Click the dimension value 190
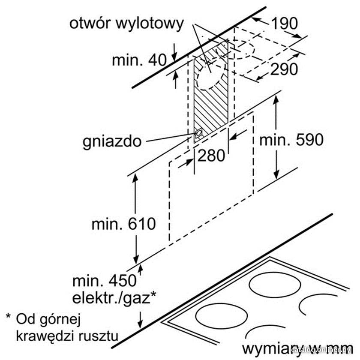point(285,23)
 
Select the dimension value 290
point(284,69)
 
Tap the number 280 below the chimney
point(211,156)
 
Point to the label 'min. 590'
point(291,140)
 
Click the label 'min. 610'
point(124,224)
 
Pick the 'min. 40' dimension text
point(139,60)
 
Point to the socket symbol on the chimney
point(198,133)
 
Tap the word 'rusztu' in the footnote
point(99,336)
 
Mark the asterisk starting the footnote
point(8,316)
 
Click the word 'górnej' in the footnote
point(60,320)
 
